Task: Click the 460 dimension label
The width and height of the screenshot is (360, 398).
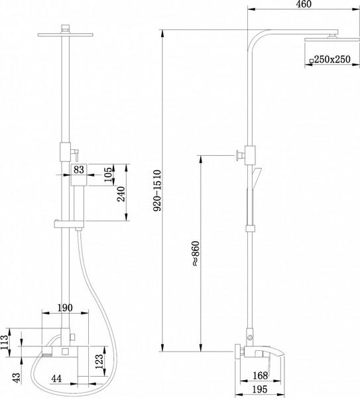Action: point(304,4)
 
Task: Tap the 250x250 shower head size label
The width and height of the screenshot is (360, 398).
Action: point(332,60)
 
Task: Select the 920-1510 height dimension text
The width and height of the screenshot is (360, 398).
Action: point(157,190)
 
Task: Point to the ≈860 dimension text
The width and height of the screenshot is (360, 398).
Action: point(196,253)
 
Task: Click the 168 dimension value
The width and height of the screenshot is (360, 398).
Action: point(261,375)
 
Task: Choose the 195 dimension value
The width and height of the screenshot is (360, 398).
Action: point(260,389)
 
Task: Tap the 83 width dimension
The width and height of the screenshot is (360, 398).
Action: point(79,170)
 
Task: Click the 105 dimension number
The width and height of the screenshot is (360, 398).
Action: point(108,174)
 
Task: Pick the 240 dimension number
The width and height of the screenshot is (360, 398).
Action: point(121,194)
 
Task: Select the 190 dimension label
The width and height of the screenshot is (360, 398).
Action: point(65,308)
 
